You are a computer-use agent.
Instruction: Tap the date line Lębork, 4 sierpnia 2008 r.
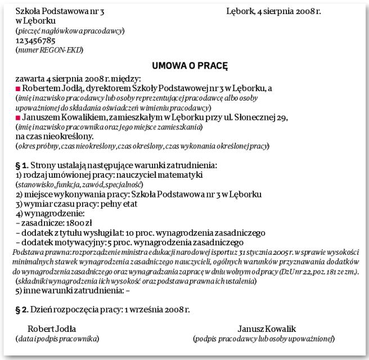273,11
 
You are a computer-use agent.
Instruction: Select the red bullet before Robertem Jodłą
18,89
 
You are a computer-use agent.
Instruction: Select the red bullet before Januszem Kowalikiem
18,118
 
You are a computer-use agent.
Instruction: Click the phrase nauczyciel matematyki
151,174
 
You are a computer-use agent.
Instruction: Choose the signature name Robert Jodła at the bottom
52,328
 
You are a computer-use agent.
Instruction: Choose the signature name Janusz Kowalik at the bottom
267,328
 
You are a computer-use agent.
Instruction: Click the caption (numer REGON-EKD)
49,50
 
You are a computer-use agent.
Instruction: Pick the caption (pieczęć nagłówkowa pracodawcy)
70,30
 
